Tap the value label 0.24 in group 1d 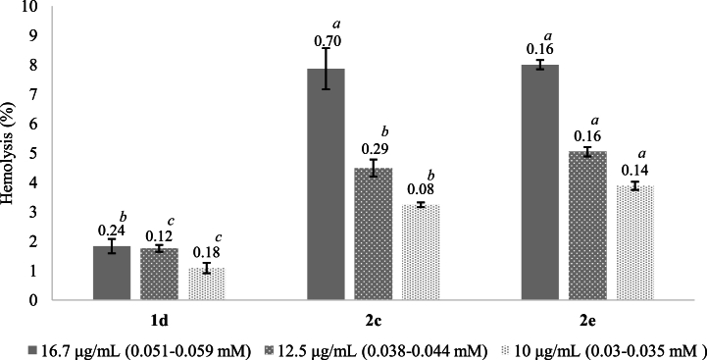(112, 230)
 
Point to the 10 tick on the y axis (33, 7)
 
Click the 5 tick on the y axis (36, 153)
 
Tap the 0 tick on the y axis (36, 300)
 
